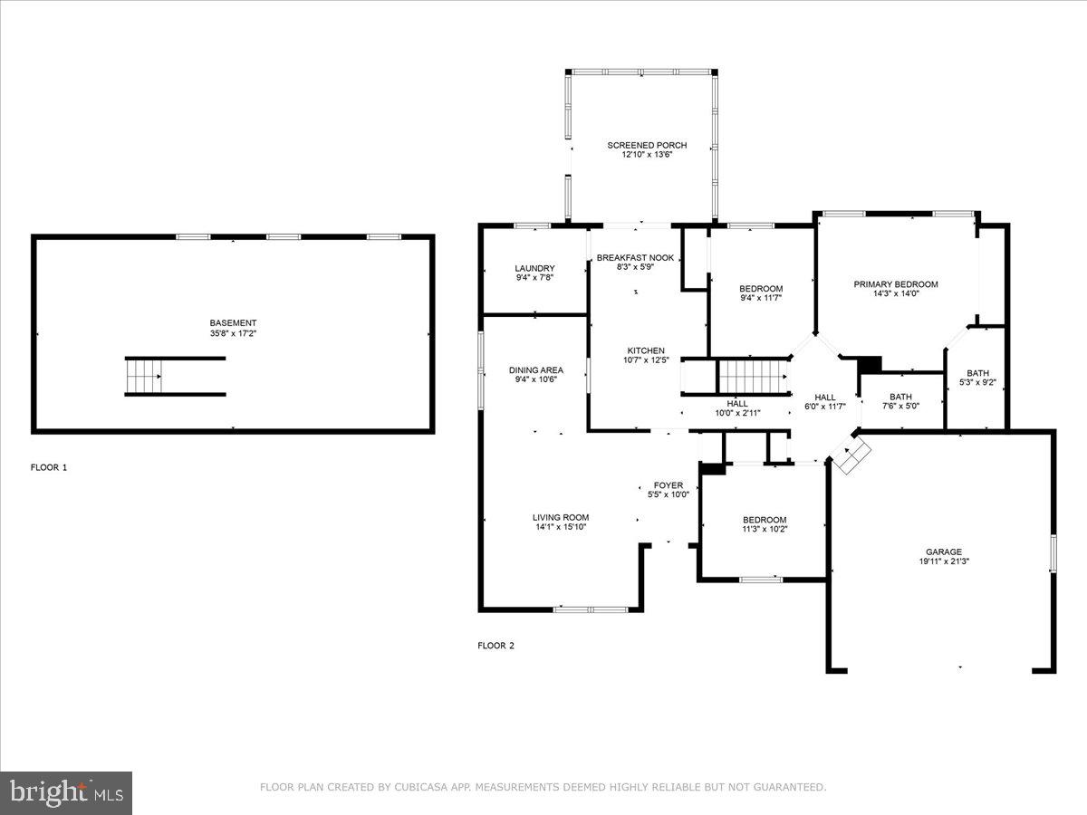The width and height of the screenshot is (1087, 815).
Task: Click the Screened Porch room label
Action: coord(647,145)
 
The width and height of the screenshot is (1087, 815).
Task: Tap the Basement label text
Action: coord(233,323)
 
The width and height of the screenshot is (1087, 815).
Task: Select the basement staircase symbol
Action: coord(144,376)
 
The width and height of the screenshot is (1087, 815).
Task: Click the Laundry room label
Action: coord(534,268)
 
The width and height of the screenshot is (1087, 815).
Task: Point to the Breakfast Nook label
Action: coord(635,258)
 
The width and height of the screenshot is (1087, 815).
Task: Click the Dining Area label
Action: coord(535,369)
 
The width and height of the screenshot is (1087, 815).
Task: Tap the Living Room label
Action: coord(561,518)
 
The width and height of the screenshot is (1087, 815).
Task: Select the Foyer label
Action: coord(669,485)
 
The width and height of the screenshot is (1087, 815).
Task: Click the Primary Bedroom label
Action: coord(896,284)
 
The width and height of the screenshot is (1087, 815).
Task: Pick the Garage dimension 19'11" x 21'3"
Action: coord(943,561)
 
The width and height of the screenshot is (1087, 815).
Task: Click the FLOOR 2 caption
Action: coord(495,646)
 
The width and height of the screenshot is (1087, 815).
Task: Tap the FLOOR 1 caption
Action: coord(49,468)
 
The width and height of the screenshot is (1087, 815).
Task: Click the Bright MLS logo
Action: coord(66,793)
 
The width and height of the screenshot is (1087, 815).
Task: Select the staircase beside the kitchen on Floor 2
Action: coord(752,376)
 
